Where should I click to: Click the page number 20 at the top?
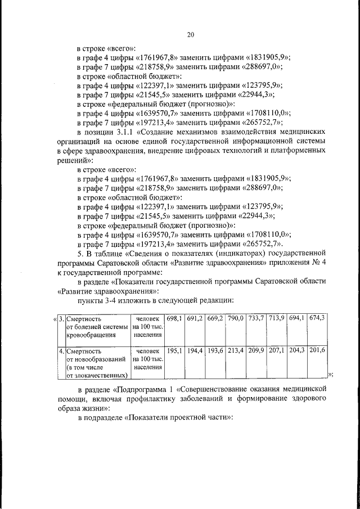[x=190, y=35]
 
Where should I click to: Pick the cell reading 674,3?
[x=317, y=318]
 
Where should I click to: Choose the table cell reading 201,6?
[x=317, y=350]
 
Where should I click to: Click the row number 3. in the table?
[x=62, y=318]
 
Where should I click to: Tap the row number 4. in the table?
[x=62, y=350]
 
